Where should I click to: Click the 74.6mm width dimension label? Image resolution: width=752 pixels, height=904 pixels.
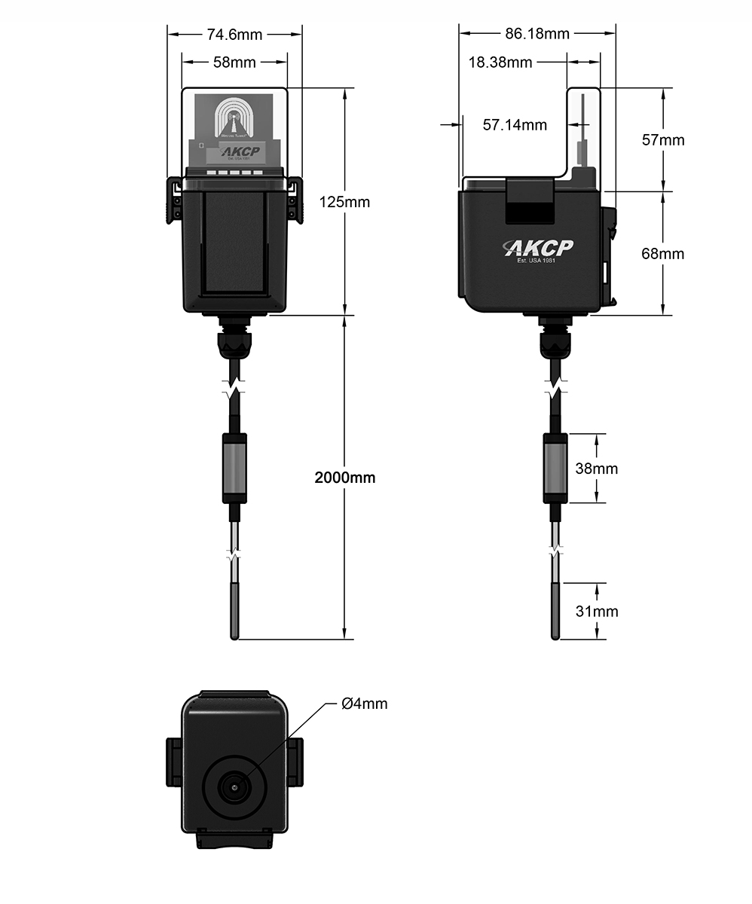tap(234, 34)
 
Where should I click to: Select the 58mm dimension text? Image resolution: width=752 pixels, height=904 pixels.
tap(234, 63)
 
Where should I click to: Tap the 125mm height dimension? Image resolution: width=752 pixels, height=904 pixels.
tap(346, 202)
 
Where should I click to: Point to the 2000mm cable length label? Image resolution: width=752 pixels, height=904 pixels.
tap(345, 478)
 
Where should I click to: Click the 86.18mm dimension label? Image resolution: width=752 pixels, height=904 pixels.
tap(537, 34)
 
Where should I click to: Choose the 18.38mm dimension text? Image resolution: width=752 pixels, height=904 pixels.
tap(500, 63)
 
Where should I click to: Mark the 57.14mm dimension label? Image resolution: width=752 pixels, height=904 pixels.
tap(515, 125)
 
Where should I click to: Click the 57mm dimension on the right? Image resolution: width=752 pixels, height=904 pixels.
tap(663, 140)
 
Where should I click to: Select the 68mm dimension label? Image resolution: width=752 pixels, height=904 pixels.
tap(663, 254)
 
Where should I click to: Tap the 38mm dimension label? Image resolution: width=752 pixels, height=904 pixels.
tap(597, 469)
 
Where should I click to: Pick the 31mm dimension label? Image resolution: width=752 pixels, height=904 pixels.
tap(597, 611)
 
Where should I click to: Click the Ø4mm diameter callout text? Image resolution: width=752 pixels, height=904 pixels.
tap(365, 704)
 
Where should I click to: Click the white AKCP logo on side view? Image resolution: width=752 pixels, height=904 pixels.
tap(539, 249)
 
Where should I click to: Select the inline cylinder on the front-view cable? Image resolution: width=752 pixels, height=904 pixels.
tap(234, 468)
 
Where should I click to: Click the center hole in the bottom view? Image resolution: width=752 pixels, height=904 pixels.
tap(234, 788)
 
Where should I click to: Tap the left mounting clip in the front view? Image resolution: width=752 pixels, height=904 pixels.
tap(173, 200)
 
